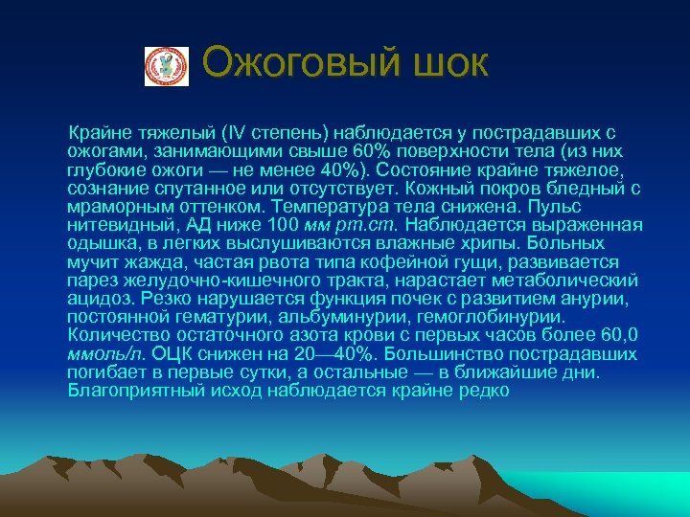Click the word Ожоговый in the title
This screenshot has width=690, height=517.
[x=287, y=63]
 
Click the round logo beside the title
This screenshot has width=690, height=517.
[x=160, y=67]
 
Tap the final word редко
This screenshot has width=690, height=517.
[x=485, y=391]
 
